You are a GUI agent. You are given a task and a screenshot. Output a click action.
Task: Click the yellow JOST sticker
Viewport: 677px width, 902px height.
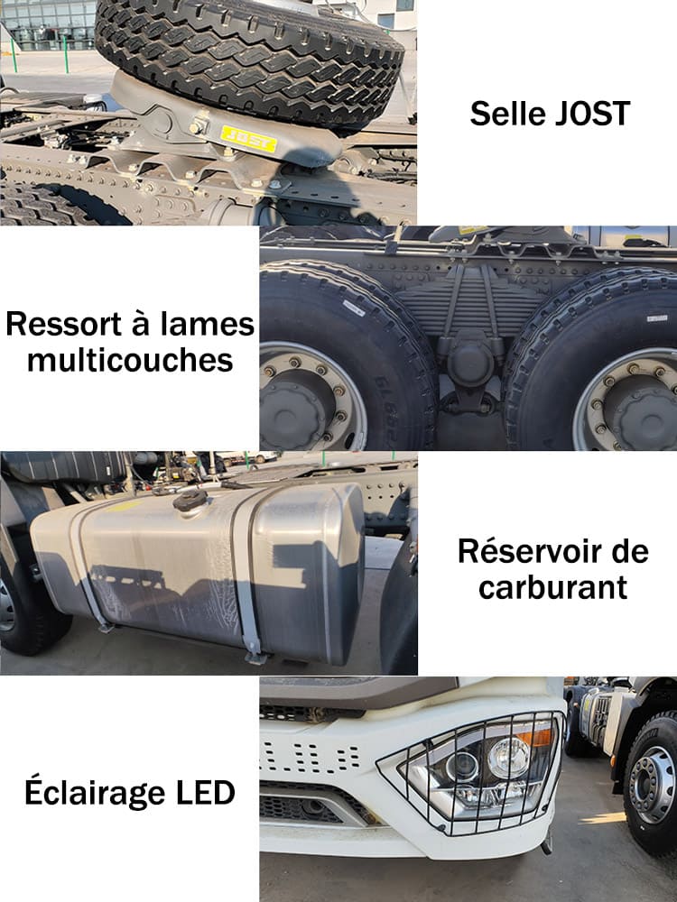[x=248, y=138]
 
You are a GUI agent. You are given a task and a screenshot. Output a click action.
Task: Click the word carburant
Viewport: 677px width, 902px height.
[x=553, y=587]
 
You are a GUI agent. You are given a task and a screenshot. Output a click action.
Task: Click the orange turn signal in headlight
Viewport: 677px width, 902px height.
[x=538, y=737]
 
